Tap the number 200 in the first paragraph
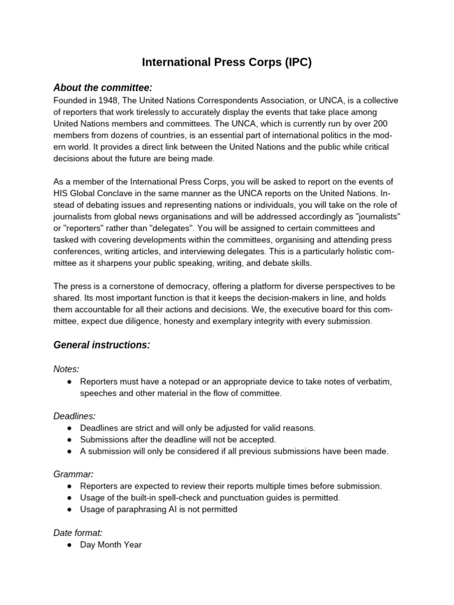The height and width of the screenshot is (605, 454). (x=382, y=123)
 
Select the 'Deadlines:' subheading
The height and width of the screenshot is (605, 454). (x=74, y=415)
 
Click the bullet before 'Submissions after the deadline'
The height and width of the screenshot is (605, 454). (x=69, y=440)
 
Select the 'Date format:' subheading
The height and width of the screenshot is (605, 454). (x=78, y=532)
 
